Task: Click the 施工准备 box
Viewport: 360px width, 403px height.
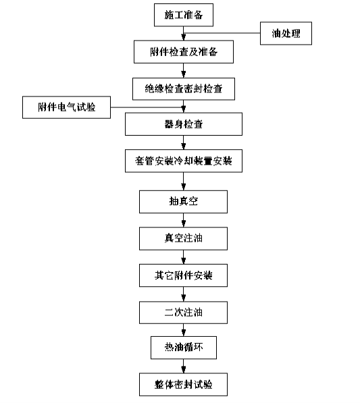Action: coord(184,15)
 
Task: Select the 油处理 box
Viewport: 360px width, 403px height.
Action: coord(286,33)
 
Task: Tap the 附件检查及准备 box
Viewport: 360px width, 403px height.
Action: coord(184,52)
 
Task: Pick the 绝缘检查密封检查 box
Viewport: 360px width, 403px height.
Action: coord(184,89)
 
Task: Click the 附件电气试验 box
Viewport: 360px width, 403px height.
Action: coord(67,107)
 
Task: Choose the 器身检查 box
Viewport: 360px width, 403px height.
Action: coord(184,124)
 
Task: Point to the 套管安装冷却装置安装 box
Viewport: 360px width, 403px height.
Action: coord(184,161)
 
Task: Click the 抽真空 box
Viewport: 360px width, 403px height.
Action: coord(183,202)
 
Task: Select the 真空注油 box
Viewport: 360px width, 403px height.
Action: coord(183,238)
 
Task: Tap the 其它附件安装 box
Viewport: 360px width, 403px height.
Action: coord(183,275)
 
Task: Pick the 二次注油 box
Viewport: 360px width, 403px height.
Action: coord(183,313)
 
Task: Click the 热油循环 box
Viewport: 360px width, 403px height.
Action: coord(184,348)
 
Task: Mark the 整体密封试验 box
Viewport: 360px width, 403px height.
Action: coord(183,385)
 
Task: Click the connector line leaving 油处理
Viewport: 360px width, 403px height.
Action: coord(222,33)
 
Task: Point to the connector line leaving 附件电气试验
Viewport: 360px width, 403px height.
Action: coord(147,107)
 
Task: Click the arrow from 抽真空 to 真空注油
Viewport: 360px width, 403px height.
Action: coord(184,220)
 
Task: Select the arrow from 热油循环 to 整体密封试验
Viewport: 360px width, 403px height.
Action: coord(184,367)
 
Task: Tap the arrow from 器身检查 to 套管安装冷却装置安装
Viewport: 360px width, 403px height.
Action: coord(184,142)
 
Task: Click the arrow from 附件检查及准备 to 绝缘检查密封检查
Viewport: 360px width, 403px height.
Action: coord(184,71)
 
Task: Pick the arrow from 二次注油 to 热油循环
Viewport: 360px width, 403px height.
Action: coord(184,330)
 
